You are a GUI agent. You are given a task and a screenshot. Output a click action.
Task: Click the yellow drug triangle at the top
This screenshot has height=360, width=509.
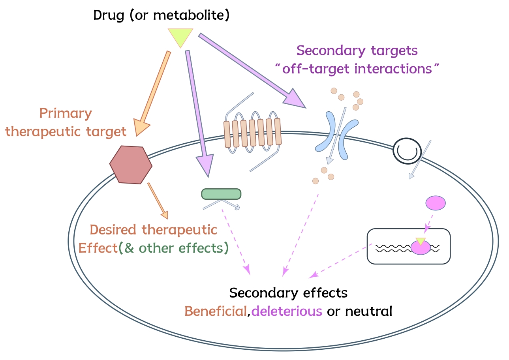click(180, 36)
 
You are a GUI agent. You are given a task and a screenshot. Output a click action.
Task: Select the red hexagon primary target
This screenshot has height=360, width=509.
click(131, 164)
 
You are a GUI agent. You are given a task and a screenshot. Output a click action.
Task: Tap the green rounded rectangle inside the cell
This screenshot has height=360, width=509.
click(221, 194)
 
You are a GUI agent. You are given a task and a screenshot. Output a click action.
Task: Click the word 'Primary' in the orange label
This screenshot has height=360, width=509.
click(66, 114)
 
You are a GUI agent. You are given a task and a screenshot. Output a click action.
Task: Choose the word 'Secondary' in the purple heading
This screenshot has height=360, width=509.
click(331, 51)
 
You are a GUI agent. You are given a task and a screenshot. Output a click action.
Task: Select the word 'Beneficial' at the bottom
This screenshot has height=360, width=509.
click(216, 311)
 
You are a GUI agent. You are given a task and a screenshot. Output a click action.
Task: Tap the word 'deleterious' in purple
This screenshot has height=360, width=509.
click(287, 311)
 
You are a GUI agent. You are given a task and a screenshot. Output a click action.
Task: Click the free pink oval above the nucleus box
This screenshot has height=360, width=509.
click(435, 203)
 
